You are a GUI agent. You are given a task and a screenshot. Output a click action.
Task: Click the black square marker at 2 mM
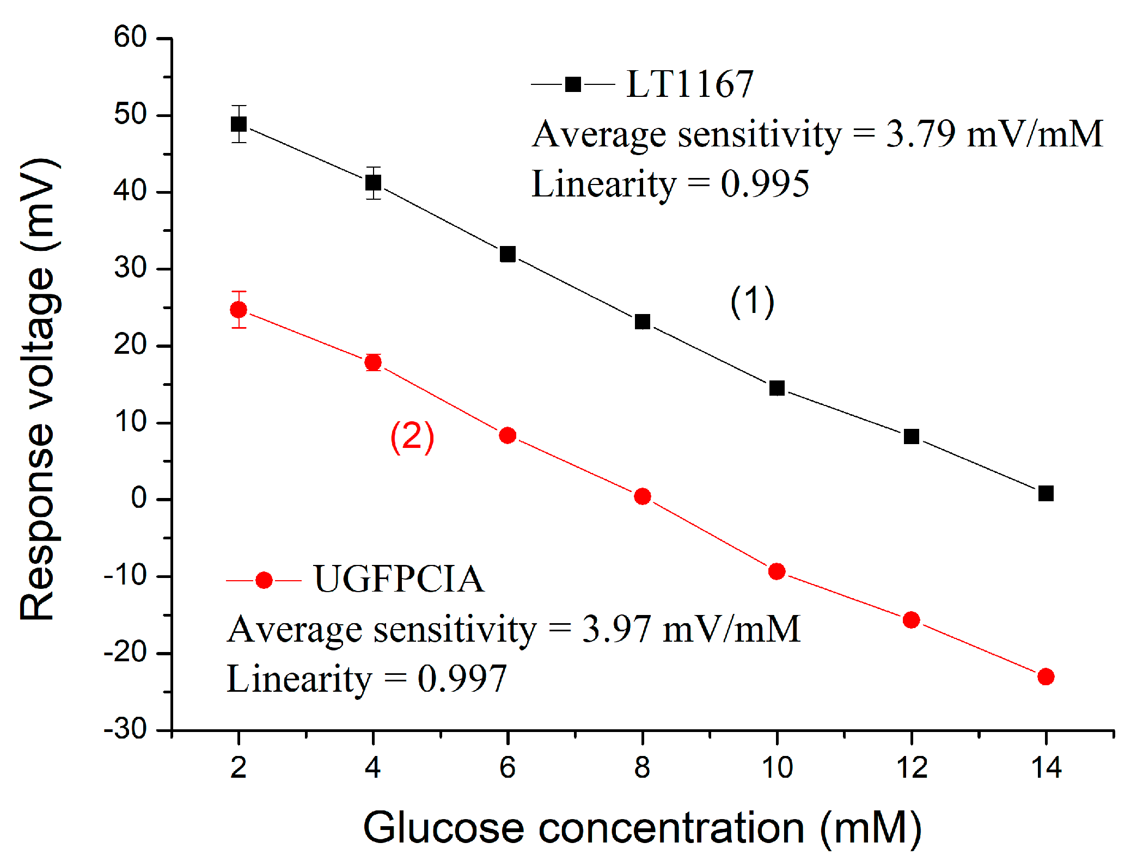click(x=239, y=124)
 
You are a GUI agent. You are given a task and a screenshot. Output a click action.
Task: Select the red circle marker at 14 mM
click(x=1046, y=676)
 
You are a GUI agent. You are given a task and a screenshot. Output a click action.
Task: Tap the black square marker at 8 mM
click(x=643, y=322)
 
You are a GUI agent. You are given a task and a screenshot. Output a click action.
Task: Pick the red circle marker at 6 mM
click(x=508, y=435)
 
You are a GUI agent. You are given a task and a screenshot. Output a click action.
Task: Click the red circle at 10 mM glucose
click(x=777, y=571)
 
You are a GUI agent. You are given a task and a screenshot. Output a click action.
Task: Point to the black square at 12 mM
click(x=911, y=436)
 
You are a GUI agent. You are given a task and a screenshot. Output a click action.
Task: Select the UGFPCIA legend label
click(x=399, y=579)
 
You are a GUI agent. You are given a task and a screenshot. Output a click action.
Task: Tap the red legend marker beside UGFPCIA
click(x=264, y=581)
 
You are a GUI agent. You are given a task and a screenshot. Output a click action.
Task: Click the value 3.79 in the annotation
click(x=920, y=134)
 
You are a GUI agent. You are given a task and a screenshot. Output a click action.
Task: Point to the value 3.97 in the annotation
click(x=616, y=629)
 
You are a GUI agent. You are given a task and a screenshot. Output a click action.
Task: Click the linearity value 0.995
click(x=765, y=184)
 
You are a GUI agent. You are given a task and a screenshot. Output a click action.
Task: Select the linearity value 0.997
click(x=462, y=679)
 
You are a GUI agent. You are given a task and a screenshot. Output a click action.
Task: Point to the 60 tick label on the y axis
click(x=130, y=38)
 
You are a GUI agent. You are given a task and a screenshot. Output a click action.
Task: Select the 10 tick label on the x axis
click(x=777, y=768)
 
